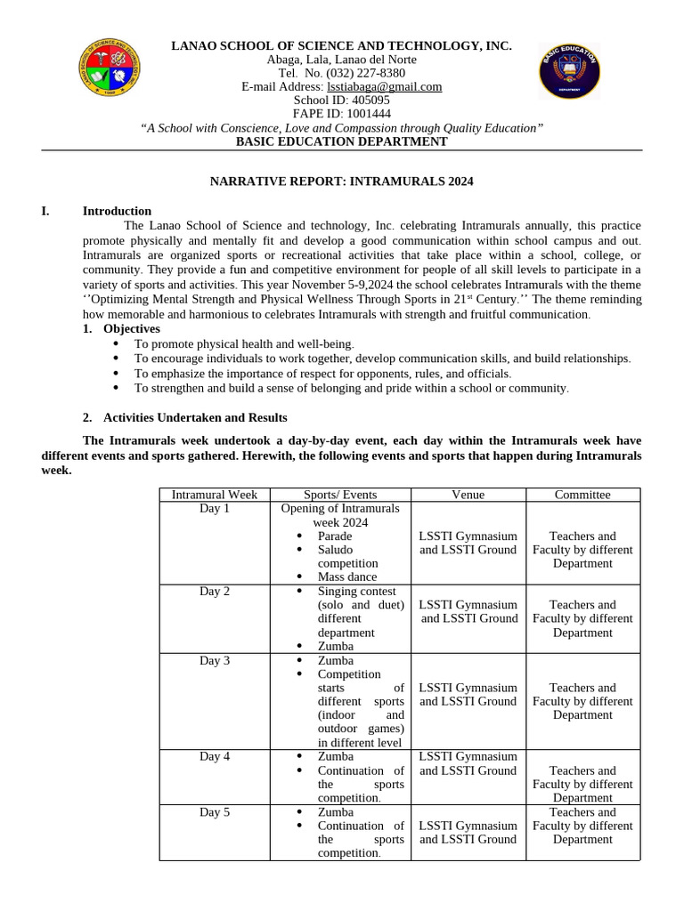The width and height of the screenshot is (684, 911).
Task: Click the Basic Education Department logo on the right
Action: click(570, 71)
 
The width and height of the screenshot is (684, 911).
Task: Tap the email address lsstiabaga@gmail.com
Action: click(385, 86)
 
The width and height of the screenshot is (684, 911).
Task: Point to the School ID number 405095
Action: click(361, 101)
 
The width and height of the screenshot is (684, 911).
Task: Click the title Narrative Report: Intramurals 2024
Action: click(341, 181)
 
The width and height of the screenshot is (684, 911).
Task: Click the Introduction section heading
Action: click(117, 211)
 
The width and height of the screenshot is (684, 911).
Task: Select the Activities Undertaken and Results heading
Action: click(195, 417)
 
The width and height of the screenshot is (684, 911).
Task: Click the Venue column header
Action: click(468, 495)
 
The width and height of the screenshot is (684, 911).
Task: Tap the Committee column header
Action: click(582, 495)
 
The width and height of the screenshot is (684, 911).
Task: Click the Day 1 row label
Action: click(215, 509)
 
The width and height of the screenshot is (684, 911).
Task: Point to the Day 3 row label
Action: click(215, 661)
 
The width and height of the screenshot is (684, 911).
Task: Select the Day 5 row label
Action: click(215, 812)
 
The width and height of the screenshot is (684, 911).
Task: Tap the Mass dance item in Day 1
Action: click(347, 577)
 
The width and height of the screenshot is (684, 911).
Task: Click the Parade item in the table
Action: click(335, 536)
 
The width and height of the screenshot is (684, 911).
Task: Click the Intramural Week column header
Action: click(215, 495)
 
